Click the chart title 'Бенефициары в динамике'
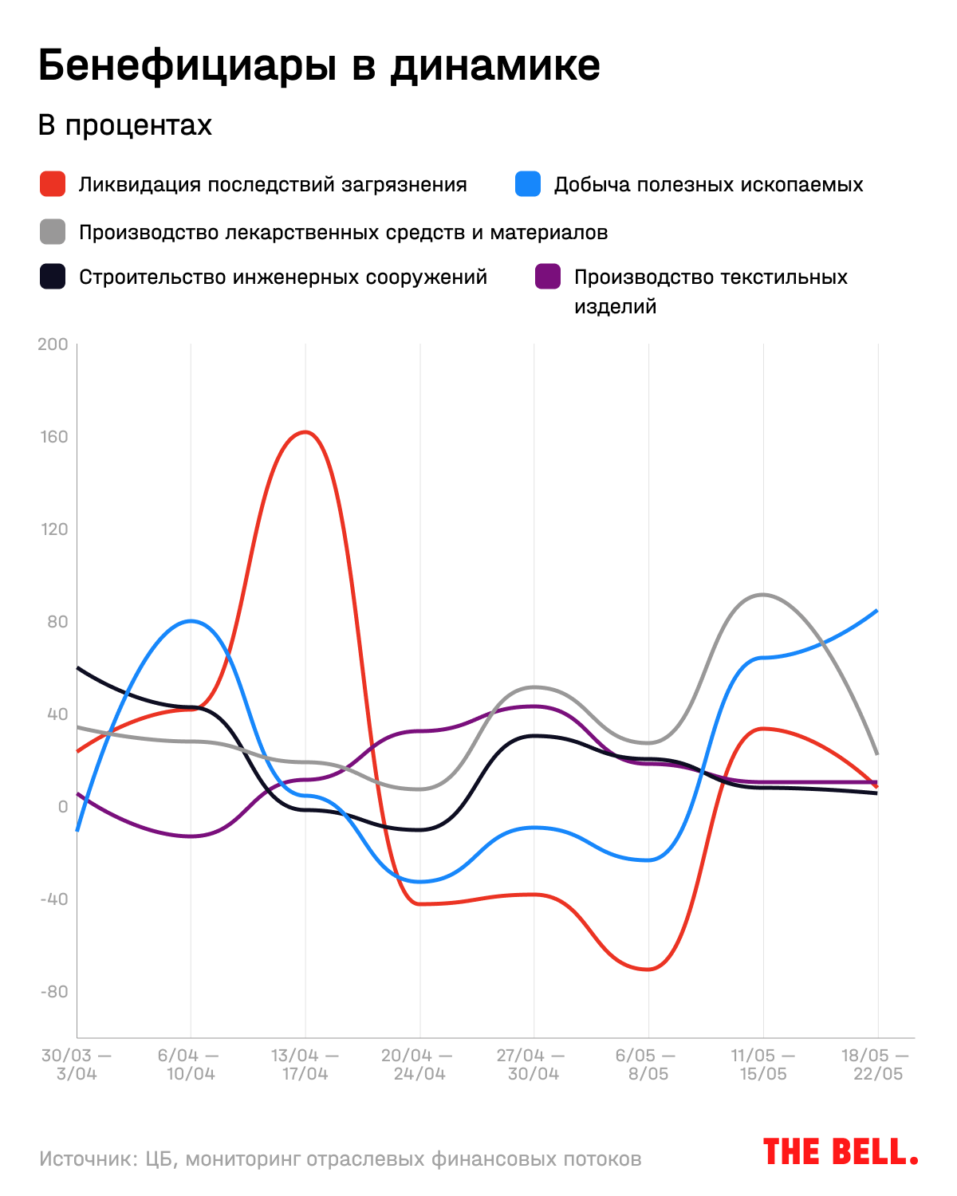pyautogui.click(x=319, y=65)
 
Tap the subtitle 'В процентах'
pyautogui.click(x=125, y=125)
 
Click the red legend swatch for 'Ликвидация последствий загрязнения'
pyautogui.click(x=53, y=184)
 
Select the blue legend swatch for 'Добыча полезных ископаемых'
pyautogui.click(x=528, y=184)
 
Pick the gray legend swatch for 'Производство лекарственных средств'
pyautogui.click(x=53, y=232)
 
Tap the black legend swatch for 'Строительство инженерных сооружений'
pyautogui.click(x=53, y=277)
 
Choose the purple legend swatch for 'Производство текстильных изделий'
pyautogui.click(x=548, y=277)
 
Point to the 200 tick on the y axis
pyautogui.click(x=53, y=344)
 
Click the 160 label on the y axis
pyautogui.click(x=54, y=437)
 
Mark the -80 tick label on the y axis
pyautogui.click(x=54, y=992)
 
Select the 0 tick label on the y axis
pyautogui.click(x=63, y=807)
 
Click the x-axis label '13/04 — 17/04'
pyautogui.click(x=305, y=1064)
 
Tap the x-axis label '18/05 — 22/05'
pyautogui.click(x=876, y=1064)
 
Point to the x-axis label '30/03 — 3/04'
pyautogui.click(x=77, y=1064)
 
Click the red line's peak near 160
pyautogui.click(x=305, y=432)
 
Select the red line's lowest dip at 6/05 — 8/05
pyautogui.click(x=648, y=970)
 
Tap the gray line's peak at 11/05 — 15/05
pyautogui.click(x=763, y=594)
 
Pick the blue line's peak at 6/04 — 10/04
pyautogui.click(x=191, y=620)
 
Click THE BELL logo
pyautogui.click(x=841, y=1152)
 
